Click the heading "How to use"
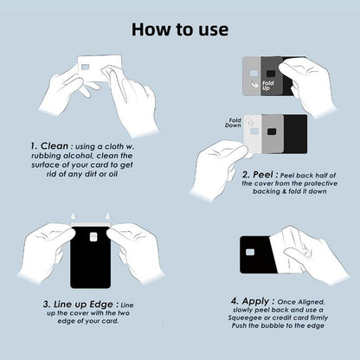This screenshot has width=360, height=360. [x=180, y=29]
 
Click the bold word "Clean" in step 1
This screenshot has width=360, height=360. [x=55, y=146]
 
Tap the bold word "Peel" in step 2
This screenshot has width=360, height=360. [x=263, y=175]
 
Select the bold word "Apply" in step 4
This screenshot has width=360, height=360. [x=255, y=301]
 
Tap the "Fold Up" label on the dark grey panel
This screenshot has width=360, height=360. [x=268, y=85]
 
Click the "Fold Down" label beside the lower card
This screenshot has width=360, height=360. [x=233, y=123]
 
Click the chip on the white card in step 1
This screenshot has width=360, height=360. [x=86, y=67]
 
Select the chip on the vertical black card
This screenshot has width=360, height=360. [x=93, y=237]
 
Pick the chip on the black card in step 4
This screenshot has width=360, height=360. [x=250, y=253]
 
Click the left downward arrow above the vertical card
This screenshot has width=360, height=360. [x=73, y=216]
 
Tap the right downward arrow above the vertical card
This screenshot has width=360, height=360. [x=108, y=216]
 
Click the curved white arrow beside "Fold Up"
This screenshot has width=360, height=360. [x=254, y=85]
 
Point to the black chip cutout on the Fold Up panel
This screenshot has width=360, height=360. [x=270, y=74]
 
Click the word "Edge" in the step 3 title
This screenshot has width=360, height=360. [x=101, y=305]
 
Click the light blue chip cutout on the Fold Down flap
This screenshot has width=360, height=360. [x=254, y=132]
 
